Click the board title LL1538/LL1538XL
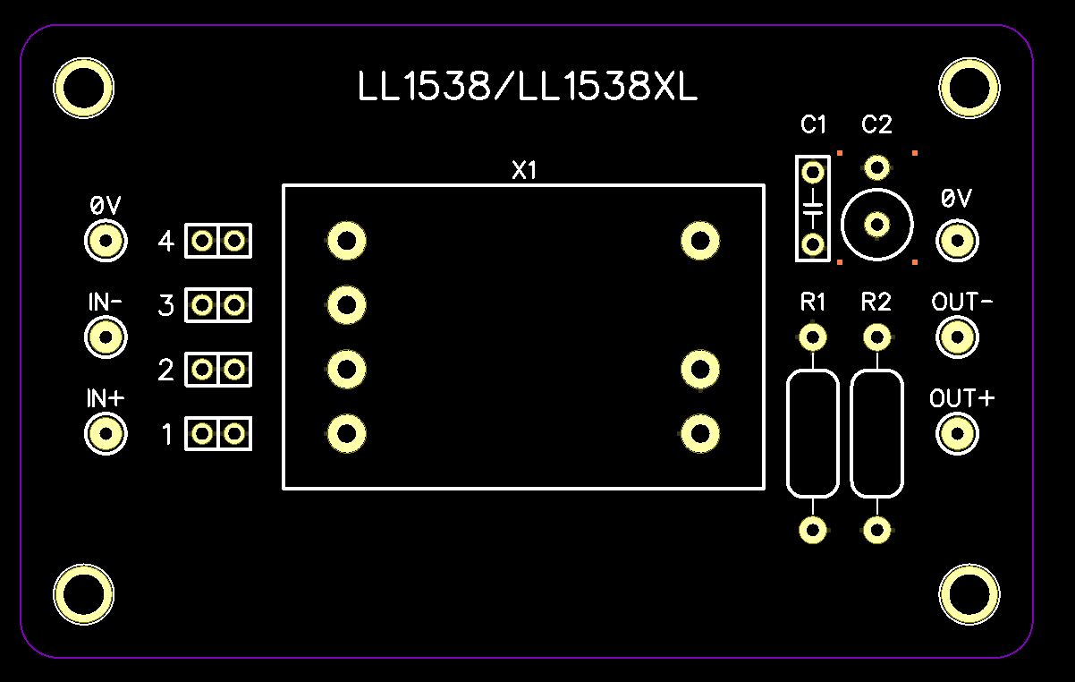527,88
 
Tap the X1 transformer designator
524,171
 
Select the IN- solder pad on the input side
106,337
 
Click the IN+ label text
105,399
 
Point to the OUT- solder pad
957,337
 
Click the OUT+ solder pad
957,434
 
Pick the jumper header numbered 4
218,241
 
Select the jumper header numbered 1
218,434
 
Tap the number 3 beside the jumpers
165,307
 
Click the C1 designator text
814,125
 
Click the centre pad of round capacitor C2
877,224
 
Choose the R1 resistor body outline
813,434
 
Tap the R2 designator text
876,303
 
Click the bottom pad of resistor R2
877,530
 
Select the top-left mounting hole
83,88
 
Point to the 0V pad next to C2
957,241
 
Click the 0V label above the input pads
105,206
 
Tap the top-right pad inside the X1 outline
699,240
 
